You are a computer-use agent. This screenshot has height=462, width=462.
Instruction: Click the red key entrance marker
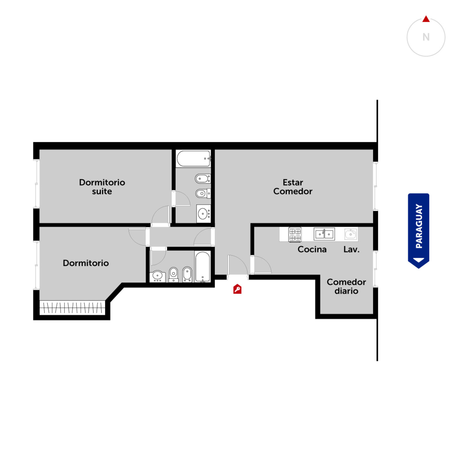tap(237, 289)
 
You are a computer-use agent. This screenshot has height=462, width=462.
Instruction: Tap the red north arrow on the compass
tap(426, 19)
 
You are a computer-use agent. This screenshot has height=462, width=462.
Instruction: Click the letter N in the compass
tap(426, 37)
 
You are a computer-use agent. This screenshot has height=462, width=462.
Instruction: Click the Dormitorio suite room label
tap(102, 187)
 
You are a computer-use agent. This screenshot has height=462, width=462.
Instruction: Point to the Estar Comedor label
tap(293, 187)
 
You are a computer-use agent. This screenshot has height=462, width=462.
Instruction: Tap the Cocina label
tap(312, 249)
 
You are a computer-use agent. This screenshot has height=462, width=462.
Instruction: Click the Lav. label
tap(351, 249)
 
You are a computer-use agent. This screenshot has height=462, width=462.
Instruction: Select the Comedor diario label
tap(346, 286)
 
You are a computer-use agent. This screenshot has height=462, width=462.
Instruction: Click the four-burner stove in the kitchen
tap(295, 234)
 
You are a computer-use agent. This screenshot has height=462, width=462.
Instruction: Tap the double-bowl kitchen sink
tap(324, 234)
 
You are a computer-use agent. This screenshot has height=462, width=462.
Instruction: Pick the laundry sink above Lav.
tap(351, 234)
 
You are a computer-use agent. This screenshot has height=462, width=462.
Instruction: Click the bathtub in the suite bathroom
tap(193, 159)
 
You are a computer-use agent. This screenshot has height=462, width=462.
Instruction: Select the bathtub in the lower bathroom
tap(203, 267)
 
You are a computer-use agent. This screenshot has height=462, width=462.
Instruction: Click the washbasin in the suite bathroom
tap(204, 214)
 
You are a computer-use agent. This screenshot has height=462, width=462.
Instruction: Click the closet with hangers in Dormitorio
tap(72, 308)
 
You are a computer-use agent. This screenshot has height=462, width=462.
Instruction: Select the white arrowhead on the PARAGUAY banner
tap(418, 260)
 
